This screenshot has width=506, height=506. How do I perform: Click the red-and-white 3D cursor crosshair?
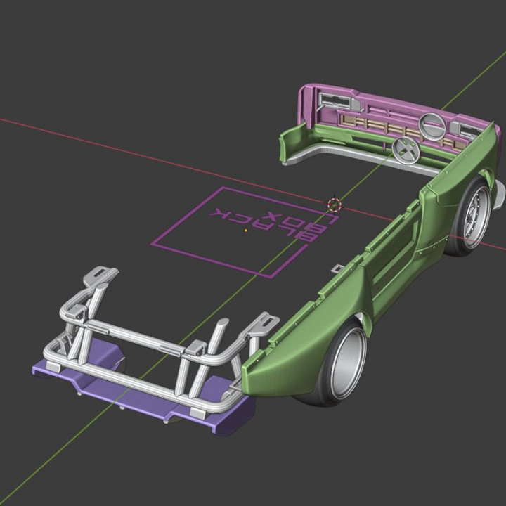tap(335, 205)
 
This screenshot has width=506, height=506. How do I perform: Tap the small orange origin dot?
tap(246, 230)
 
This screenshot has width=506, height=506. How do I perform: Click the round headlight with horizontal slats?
tap(432, 126)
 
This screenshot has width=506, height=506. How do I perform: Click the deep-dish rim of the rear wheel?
tap(346, 363)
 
